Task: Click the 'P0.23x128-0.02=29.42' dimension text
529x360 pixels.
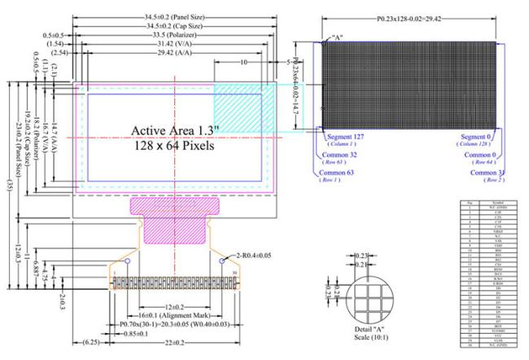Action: [x=413, y=16]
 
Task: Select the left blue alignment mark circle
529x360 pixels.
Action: [x=127, y=261]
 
